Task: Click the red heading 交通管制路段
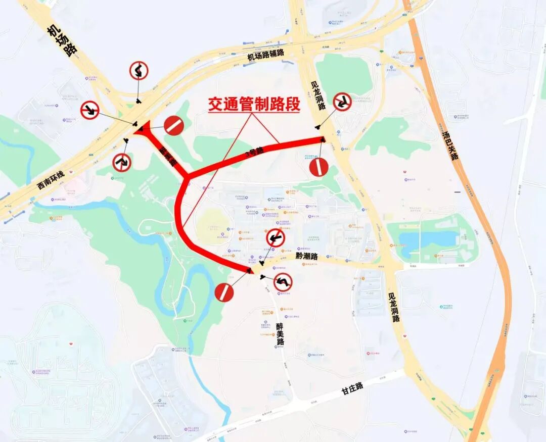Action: pos(254,105)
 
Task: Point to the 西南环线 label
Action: pos(51,180)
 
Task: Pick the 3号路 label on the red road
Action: pos(254,152)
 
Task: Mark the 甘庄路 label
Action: pos(352,387)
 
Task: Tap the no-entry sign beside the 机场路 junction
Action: pos(173,125)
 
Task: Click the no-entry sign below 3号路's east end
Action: pos(319,167)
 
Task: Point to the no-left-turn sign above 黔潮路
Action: pos(276,237)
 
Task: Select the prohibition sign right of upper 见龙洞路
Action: pos(342,102)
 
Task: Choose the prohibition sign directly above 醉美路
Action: pos(283,282)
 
